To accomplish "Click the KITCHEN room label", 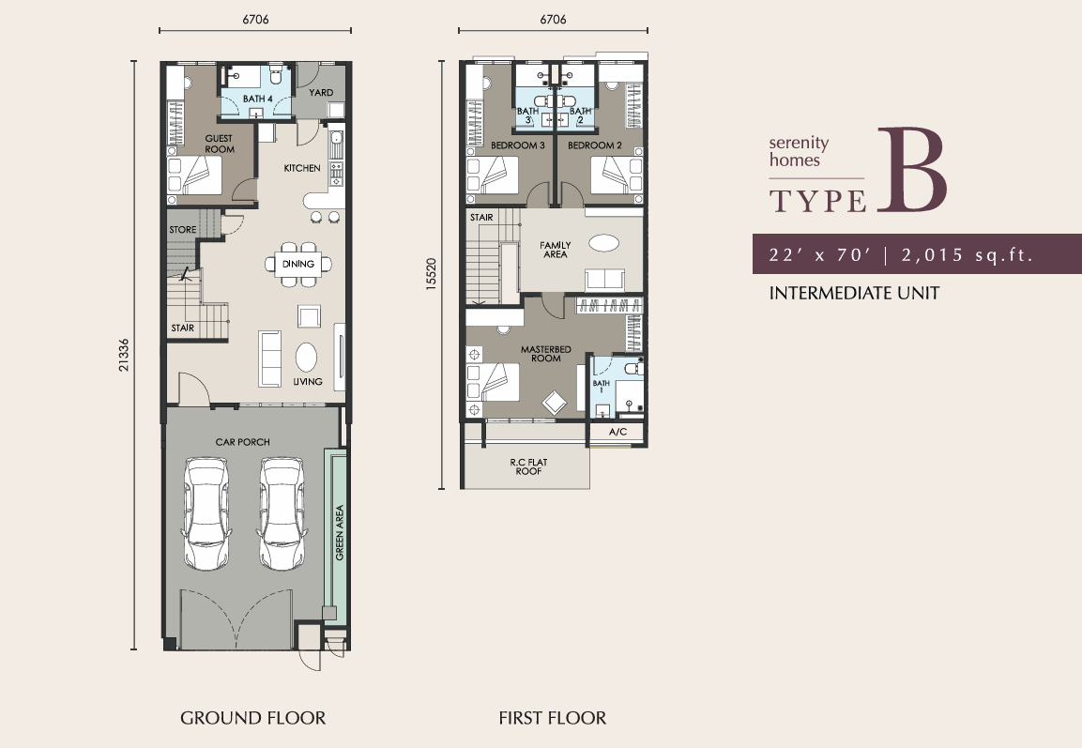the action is coord(302,168).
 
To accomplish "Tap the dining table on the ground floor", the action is coord(298,264).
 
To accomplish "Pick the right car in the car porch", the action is coord(282,513).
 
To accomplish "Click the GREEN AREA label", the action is coord(339,532).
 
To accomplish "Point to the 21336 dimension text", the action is coord(124,355).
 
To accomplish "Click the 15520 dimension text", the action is coord(432,274).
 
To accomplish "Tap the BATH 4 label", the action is coord(257,99).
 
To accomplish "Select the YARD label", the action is coord(321,93).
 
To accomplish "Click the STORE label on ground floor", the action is coord(183,230).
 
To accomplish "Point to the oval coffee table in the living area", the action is coord(306,358).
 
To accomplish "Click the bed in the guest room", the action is coord(195,176).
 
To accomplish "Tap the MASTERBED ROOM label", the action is coord(546,354).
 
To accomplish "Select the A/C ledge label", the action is coord(618,432).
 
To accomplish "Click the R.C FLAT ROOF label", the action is coord(528,466).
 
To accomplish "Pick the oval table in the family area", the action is coord(603,243).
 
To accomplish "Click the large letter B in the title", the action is coord(911,170).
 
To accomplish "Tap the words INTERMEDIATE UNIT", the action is coord(854,293).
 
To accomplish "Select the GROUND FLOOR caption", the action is coord(252,718).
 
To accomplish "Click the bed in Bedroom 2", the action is coord(617,176).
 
